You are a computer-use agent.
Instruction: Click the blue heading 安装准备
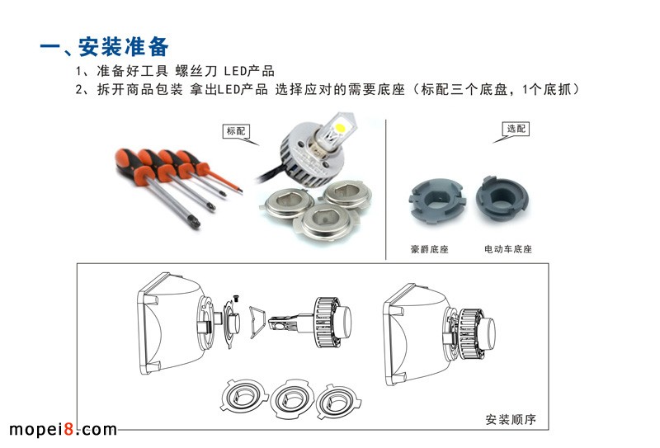[123, 46]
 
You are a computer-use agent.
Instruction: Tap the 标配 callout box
[236, 131]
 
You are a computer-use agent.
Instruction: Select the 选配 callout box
[516, 129]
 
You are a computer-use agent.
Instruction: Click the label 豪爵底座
[429, 249]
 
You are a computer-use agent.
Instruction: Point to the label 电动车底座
[508, 249]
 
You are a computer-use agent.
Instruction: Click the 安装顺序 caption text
[511, 419]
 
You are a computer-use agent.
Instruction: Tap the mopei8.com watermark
[63, 430]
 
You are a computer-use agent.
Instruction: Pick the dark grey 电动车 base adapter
[502, 200]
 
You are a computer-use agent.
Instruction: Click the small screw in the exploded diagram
[236, 299]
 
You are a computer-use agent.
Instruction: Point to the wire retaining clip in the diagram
[257, 322]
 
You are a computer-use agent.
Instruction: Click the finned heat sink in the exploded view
[328, 322]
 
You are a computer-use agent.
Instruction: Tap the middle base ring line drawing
[292, 399]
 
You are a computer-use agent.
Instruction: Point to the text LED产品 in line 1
[249, 70]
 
